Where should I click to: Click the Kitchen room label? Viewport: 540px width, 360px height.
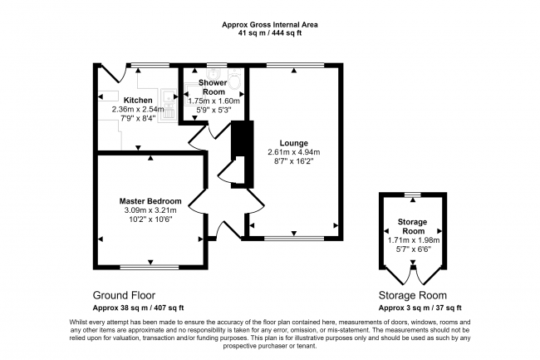click(138, 101)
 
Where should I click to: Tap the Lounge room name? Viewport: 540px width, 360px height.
click(294, 143)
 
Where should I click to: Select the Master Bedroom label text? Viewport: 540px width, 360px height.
click(150, 201)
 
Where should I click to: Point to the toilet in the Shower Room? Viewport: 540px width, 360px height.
click(235, 79)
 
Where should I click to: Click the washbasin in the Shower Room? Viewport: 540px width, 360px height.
click(213, 73)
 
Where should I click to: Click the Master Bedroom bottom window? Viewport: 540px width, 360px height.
click(150, 267)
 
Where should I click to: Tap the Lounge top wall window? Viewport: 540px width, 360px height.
click(295, 65)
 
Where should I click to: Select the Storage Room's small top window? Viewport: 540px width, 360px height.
click(413, 195)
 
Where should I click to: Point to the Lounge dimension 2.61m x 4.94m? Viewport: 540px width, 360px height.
click(294, 152)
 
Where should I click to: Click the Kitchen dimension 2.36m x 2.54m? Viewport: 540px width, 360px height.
click(138, 109)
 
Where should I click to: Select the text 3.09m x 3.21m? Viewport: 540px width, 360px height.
click(150, 210)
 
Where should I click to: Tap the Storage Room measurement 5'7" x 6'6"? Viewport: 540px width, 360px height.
click(413, 249)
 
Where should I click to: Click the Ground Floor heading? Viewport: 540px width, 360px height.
click(124, 295)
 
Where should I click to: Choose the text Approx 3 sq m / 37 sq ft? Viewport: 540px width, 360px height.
click(420, 308)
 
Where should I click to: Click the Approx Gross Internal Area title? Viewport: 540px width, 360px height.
click(270, 25)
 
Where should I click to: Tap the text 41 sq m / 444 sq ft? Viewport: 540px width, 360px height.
click(270, 33)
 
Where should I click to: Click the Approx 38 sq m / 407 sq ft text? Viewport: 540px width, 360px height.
click(138, 308)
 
